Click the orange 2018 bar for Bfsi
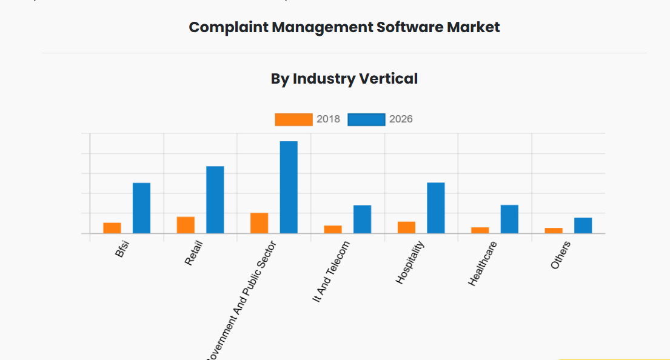(112, 228)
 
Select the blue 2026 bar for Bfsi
(141, 208)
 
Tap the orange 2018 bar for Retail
(186, 225)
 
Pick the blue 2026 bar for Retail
(215, 199)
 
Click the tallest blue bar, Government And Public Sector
(289, 187)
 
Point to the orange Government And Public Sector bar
(259, 223)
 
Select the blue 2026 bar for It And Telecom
(362, 219)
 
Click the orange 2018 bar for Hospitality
(406, 227)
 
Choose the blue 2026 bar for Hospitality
(436, 208)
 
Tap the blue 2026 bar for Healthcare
(509, 219)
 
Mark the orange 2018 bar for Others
(554, 230)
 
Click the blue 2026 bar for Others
(583, 225)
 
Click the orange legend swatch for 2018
(293, 119)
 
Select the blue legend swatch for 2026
(366, 119)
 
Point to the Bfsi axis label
(122, 250)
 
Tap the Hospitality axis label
(410, 262)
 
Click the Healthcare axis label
(483, 264)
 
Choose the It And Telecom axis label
(331, 272)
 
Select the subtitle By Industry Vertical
(344, 79)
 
